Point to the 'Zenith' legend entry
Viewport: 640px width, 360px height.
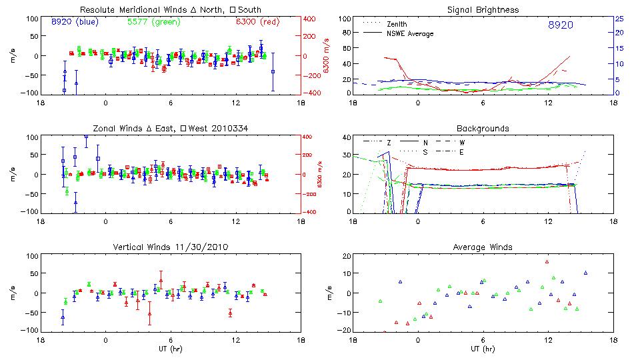click(397, 23)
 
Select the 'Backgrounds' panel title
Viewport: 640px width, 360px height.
click(483, 129)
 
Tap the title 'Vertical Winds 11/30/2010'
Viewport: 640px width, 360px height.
click(171, 247)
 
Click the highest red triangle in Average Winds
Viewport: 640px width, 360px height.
click(547, 261)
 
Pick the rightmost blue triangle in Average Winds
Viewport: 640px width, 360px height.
click(585, 273)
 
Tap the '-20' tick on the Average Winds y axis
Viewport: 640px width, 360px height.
click(344, 330)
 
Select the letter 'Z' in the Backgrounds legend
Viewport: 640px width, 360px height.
click(389, 143)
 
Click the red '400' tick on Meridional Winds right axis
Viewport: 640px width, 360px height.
click(311, 19)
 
